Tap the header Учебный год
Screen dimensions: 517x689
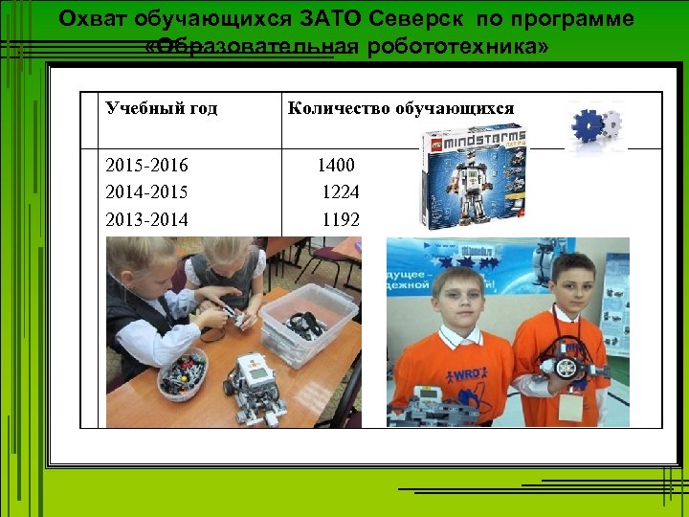point(161,108)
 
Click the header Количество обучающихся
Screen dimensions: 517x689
point(400,108)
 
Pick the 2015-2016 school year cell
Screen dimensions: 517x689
point(147,166)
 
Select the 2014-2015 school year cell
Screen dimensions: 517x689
point(147,192)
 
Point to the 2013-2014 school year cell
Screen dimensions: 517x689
point(147,220)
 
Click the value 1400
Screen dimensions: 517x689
point(336,166)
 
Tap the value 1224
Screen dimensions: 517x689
point(341,192)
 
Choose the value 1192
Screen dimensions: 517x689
point(341,220)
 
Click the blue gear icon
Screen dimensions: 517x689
point(586,126)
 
